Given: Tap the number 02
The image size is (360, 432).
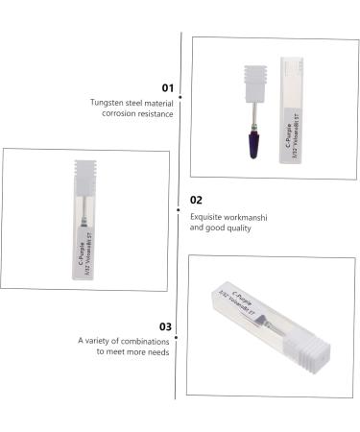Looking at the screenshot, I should [x=196, y=201].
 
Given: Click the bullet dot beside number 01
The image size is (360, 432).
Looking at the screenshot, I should [x=181, y=97].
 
